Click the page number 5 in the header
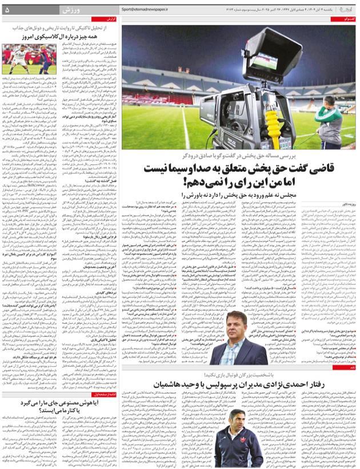pos(7,10)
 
